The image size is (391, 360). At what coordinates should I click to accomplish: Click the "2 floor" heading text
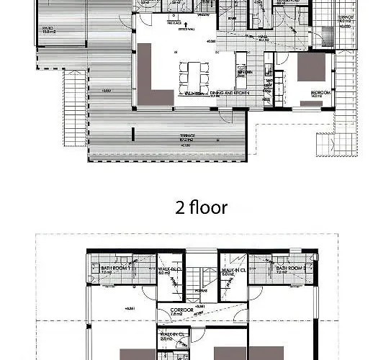click(x=202, y=208)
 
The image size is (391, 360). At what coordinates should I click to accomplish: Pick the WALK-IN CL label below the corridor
click(x=174, y=334)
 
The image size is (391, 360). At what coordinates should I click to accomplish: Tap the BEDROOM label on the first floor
click(x=311, y=92)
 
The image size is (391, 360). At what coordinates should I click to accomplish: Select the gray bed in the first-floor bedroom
click(x=312, y=67)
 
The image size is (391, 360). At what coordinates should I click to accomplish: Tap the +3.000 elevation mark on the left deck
click(x=106, y=91)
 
